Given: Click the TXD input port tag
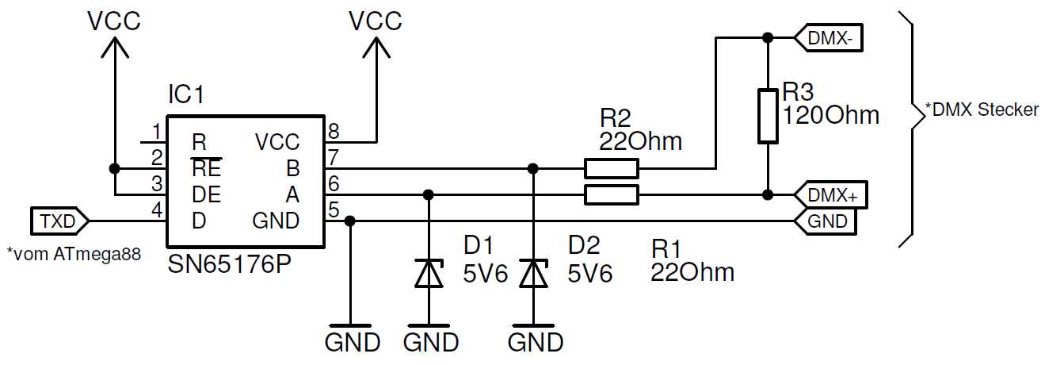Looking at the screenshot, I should [x=59, y=221].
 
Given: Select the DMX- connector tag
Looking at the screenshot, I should [x=828, y=37].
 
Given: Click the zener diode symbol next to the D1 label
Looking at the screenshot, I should [x=429, y=273].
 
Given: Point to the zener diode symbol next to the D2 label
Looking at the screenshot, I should [x=533, y=273].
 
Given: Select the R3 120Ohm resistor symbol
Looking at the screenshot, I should [x=767, y=116].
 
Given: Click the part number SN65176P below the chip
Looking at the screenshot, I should [x=229, y=264].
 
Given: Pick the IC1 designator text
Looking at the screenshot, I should [x=185, y=96].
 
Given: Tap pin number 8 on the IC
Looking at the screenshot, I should [x=334, y=130].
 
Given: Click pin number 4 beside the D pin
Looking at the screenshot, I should [x=157, y=210].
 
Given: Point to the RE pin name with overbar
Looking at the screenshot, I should [x=206, y=168].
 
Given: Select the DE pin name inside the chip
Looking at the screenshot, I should [x=206, y=194].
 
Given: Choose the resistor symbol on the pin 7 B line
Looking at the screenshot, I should [x=611, y=168].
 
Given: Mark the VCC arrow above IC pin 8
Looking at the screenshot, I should [x=376, y=49].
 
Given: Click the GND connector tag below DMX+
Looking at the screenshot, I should [x=827, y=221].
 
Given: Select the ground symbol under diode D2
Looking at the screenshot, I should [x=533, y=326].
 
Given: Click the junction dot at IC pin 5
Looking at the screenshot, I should [x=351, y=221].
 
